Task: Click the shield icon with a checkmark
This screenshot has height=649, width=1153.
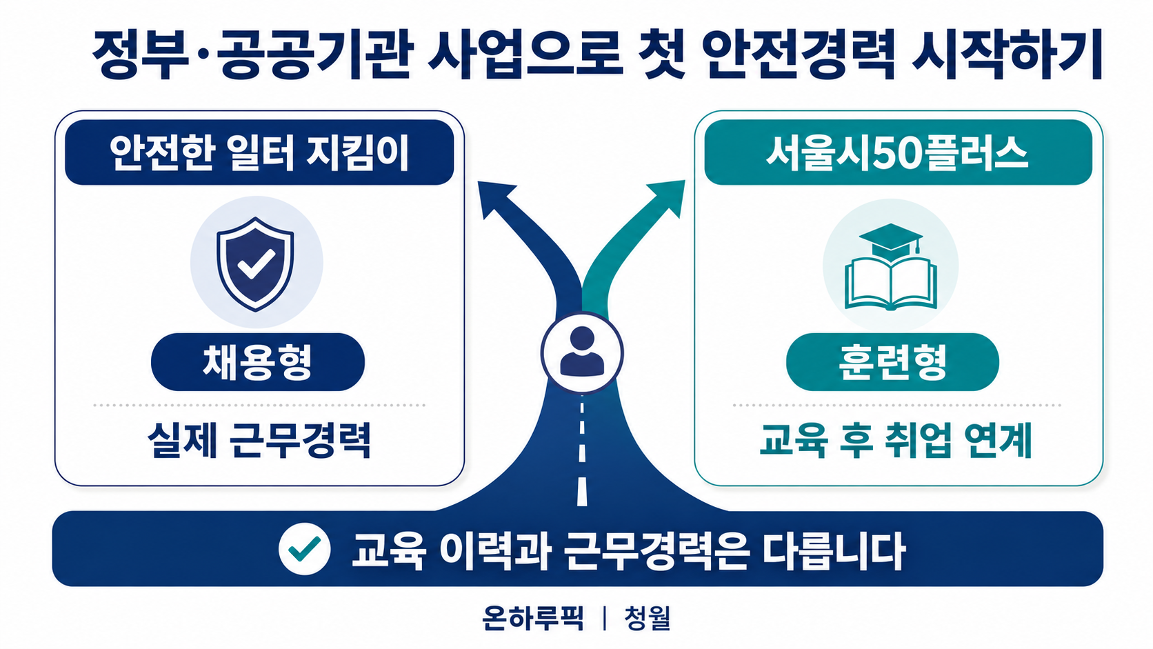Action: [x=255, y=263]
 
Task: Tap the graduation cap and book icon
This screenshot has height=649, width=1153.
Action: [x=890, y=267]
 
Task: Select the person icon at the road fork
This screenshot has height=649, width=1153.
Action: [x=582, y=353]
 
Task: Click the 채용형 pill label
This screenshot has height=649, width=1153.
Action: [x=258, y=362]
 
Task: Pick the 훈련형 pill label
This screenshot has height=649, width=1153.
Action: [x=892, y=362]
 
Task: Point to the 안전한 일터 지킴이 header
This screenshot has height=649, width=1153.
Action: [x=259, y=152]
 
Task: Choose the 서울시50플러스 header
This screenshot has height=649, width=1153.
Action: [x=899, y=152]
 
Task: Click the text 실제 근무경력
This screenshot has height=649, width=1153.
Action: [x=259, y=441]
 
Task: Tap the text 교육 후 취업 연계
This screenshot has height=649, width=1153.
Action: [x=896, y=441]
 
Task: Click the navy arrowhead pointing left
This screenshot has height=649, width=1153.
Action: [x=495, y=198]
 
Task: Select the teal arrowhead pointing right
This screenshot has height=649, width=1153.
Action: [x=668, y=198]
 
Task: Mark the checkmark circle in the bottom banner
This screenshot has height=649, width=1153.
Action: [x=304, y=548]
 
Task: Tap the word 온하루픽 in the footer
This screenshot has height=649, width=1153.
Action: [x=533, y=618]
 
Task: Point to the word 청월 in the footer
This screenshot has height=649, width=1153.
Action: [x=648, y=618]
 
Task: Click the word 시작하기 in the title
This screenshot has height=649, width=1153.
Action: [x=1007, y=54]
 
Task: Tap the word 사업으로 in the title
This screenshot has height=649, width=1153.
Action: [x=525, y=54]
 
